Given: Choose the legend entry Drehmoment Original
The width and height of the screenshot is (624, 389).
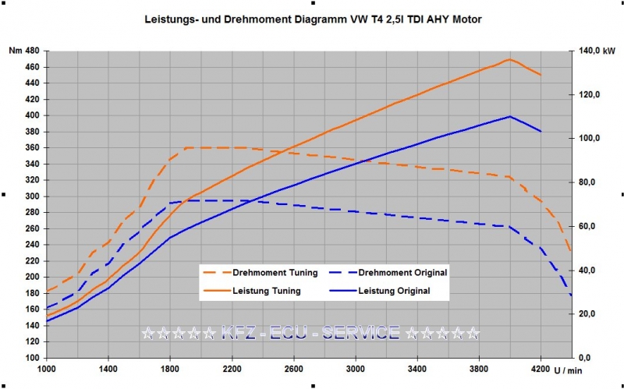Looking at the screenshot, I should click(x=402, y=273).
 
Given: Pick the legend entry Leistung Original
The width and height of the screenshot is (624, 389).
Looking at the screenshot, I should click(x=394, y=291).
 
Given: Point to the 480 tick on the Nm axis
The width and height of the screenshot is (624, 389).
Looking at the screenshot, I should click(x=32, y=51).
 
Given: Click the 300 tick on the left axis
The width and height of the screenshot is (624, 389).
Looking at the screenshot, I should click(x=32, y=196).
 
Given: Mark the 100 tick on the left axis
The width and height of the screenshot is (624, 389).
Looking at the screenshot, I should click(x=32, y=358).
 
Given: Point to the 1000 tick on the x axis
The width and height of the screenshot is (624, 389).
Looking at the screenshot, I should click(x=47, y=370).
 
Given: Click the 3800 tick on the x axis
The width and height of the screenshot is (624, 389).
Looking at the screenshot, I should click(x=479, y=370).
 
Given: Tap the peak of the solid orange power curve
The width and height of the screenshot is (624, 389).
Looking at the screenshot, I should click(x=509, y=59).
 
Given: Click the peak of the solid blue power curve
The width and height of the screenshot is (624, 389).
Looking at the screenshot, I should click(x=509, y=116).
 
